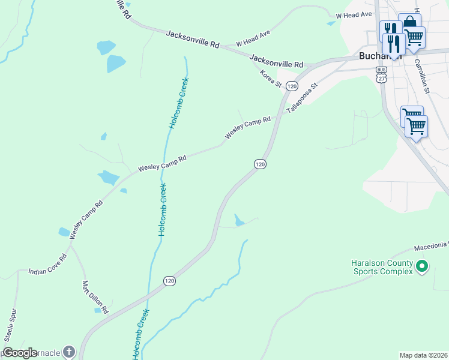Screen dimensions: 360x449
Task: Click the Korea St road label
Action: [x=271, y=78]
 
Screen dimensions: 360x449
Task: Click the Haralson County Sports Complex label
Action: [x=382, y=268]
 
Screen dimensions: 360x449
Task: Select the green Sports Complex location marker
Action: [x=422, y=265]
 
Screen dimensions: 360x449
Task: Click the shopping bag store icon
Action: [x=409, y=22]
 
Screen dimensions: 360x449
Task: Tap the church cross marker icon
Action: [x=69, y=352]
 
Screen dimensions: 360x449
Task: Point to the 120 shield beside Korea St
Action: [x=292, y=86]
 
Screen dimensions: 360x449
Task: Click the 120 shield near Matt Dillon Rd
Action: [x=170, y=280]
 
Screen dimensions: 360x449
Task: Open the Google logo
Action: [x=20, y=353]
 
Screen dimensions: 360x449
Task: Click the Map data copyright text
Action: [x=423, y=355]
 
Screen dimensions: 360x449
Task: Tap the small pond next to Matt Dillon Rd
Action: [x=97, y=310]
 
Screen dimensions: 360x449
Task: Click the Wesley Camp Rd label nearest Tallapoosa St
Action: [x=248, y=128]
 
